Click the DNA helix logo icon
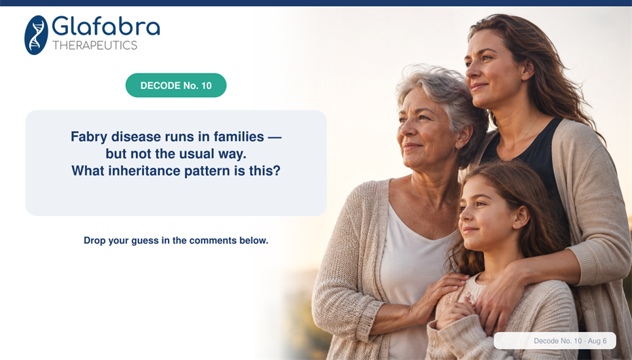[36, 35]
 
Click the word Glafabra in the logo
[106, 26]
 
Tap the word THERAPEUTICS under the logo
[94, 46]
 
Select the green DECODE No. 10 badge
[176, 86]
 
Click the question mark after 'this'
[277, 170]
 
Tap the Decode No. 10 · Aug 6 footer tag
[555, 341]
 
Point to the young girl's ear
[521, 217]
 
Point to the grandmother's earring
[458, 147]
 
